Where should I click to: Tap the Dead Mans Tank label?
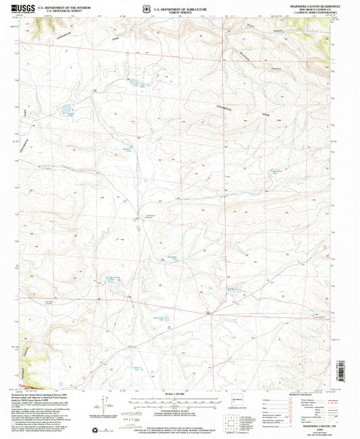pos(171,258)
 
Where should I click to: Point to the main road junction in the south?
pos(209,313)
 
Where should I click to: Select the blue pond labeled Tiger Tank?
pos(141,86)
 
